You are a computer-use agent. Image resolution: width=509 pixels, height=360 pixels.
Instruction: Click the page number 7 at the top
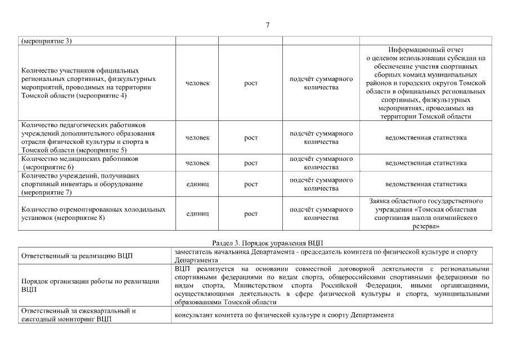(268, 25)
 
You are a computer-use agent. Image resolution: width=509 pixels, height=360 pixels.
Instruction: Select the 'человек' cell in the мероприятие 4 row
(197, 83)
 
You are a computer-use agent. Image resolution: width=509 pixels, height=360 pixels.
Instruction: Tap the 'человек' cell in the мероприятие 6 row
(197, 163)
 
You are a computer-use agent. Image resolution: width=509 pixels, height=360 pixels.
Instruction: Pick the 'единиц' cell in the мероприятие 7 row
(197, 184)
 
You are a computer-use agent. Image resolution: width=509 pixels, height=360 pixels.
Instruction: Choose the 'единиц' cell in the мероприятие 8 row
(197, 214)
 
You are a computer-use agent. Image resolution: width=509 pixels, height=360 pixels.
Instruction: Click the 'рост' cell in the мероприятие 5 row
(251, 138)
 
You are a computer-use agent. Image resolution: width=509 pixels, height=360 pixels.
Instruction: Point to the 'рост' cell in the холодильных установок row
(251, 214)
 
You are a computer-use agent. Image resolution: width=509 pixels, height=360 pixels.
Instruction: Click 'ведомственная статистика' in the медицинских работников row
(426, 163)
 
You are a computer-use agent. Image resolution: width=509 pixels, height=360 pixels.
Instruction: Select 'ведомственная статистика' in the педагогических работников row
(426, 138)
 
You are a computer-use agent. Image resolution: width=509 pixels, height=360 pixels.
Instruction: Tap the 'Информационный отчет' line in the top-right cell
(426, 49)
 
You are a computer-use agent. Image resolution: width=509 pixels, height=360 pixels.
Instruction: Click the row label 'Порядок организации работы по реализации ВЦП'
(90, 285)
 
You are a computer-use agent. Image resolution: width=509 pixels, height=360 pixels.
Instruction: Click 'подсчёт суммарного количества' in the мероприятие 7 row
(321, 184)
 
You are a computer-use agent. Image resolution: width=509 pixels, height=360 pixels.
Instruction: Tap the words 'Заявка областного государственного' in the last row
(426, 201)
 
